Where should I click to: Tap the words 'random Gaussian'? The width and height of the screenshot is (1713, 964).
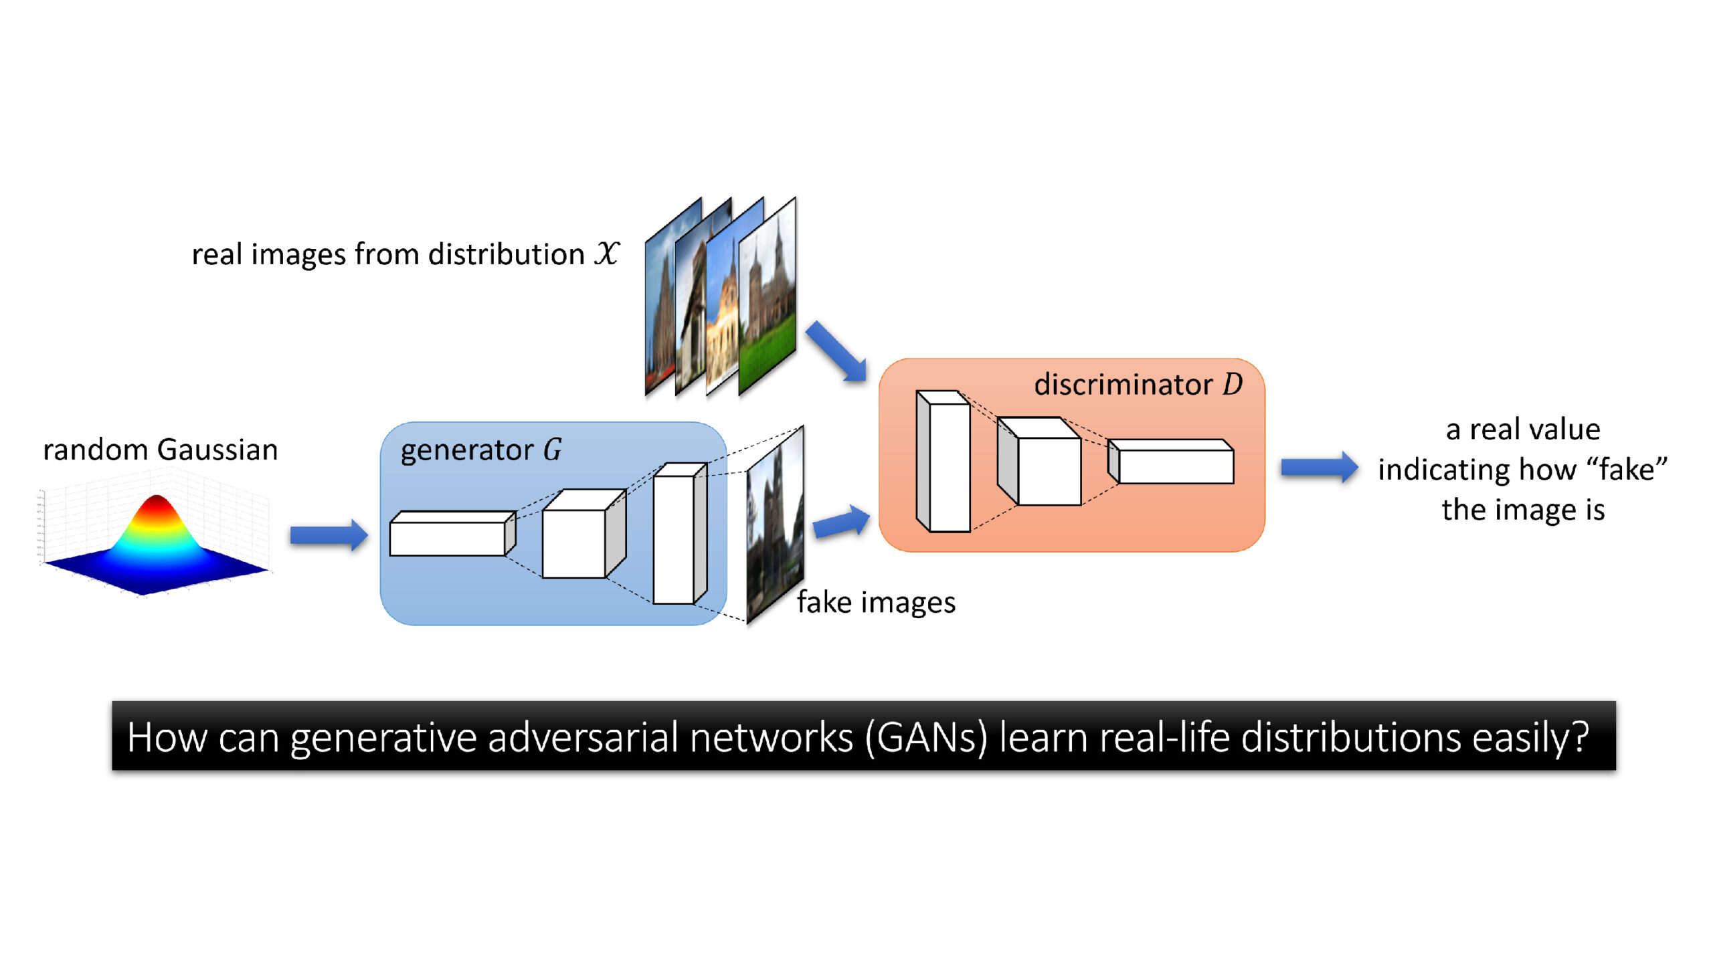click(160, 450)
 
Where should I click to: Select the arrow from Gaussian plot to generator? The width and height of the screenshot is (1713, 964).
click(329, 535)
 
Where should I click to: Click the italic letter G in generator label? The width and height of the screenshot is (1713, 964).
click(552, 450)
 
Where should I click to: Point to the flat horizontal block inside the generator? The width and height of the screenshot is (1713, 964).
click(447, 539)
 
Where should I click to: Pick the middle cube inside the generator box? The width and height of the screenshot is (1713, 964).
click(574, 543)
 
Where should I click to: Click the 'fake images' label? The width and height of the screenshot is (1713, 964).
click(875, 602)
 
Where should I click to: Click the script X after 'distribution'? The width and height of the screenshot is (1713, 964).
click(606, 254)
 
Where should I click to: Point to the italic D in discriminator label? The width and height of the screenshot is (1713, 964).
click(1233, 384)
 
